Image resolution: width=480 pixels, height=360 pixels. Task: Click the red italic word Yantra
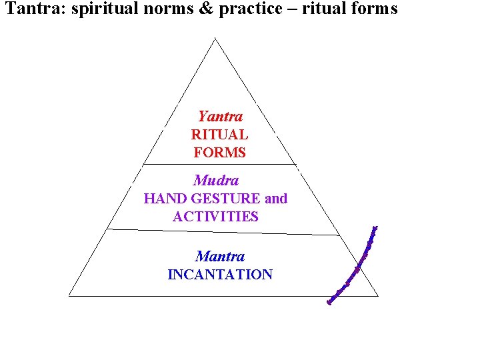tap(220, 117)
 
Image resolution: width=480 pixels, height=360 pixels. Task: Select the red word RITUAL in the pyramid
tap(219, 135)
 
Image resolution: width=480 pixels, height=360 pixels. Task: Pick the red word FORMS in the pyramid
tap(220, 153)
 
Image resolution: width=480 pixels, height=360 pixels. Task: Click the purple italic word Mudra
tap(216, 180)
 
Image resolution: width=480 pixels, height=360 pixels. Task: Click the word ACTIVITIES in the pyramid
tap(215, 217)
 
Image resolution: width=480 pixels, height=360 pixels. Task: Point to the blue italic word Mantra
tap(220, 256)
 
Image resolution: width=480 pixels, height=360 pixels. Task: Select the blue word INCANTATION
tap(220, 275)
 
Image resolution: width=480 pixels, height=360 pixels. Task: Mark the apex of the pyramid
tap(215, 39)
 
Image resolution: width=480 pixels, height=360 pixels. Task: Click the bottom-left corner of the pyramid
tap(69, 295)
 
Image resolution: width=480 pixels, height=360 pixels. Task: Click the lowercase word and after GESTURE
tap(276, 199)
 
